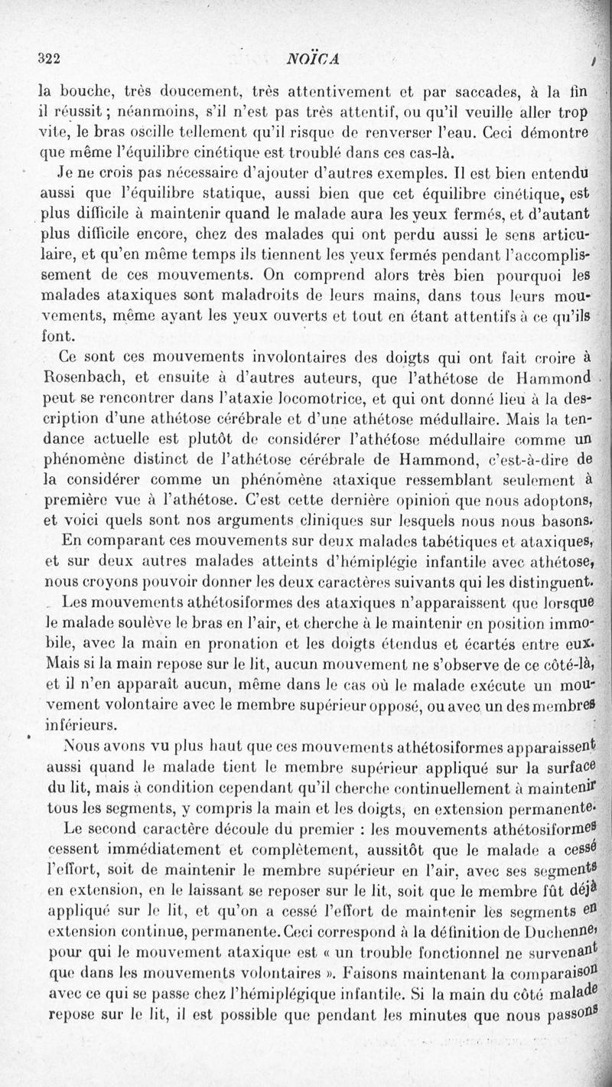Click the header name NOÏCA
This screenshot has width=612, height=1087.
(313, 60)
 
